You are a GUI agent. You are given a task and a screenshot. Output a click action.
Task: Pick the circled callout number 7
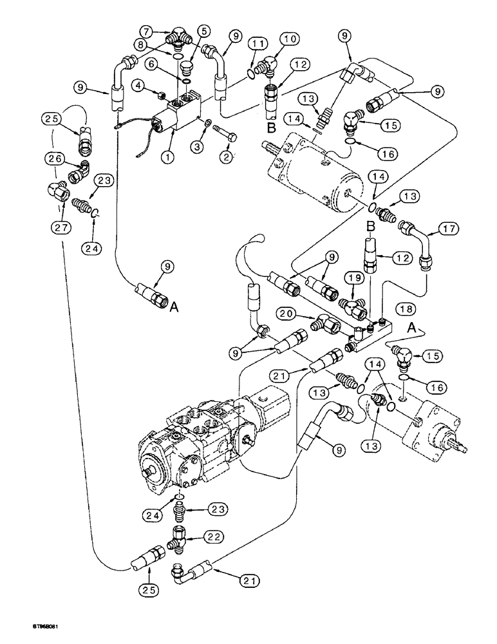[204, 30]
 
